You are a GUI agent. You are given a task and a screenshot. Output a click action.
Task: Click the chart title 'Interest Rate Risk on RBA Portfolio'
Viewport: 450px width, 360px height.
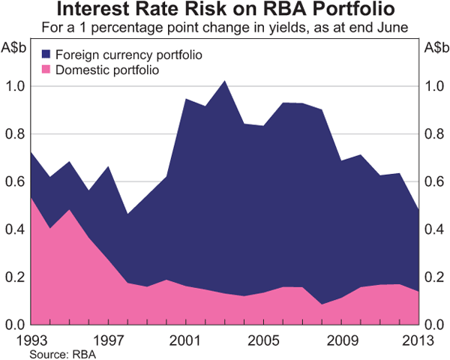(x=225, y=11)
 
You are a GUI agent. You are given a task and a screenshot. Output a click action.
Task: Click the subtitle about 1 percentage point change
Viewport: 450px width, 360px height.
(x=225, y=28)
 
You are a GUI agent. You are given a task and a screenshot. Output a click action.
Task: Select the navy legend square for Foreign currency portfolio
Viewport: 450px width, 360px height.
(x=46, y=55)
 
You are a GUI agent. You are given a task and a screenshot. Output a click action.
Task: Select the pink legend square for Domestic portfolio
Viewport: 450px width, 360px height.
(x=46, y=70)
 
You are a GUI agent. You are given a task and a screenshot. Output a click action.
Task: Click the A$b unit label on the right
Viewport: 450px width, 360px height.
(x=433, y=48)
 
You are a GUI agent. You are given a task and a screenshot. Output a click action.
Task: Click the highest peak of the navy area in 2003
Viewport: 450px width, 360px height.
(x=224, y=82)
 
